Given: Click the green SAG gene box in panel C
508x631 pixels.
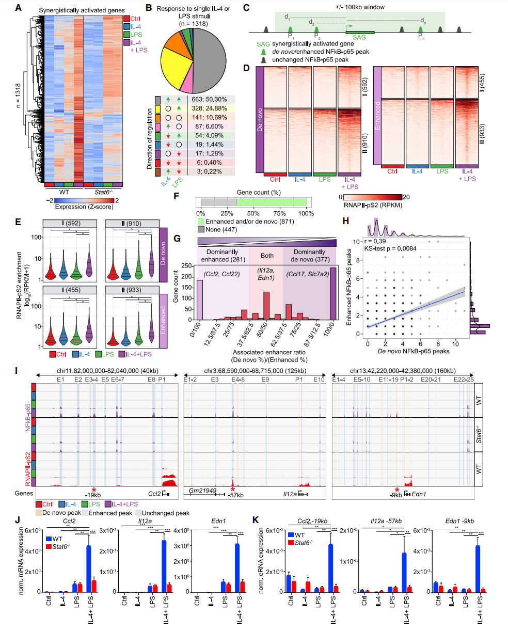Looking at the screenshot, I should coord(359,32).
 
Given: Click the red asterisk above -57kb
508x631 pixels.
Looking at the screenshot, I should coord(233,489).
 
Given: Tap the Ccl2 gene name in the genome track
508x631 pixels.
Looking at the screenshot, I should coord(154,494).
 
